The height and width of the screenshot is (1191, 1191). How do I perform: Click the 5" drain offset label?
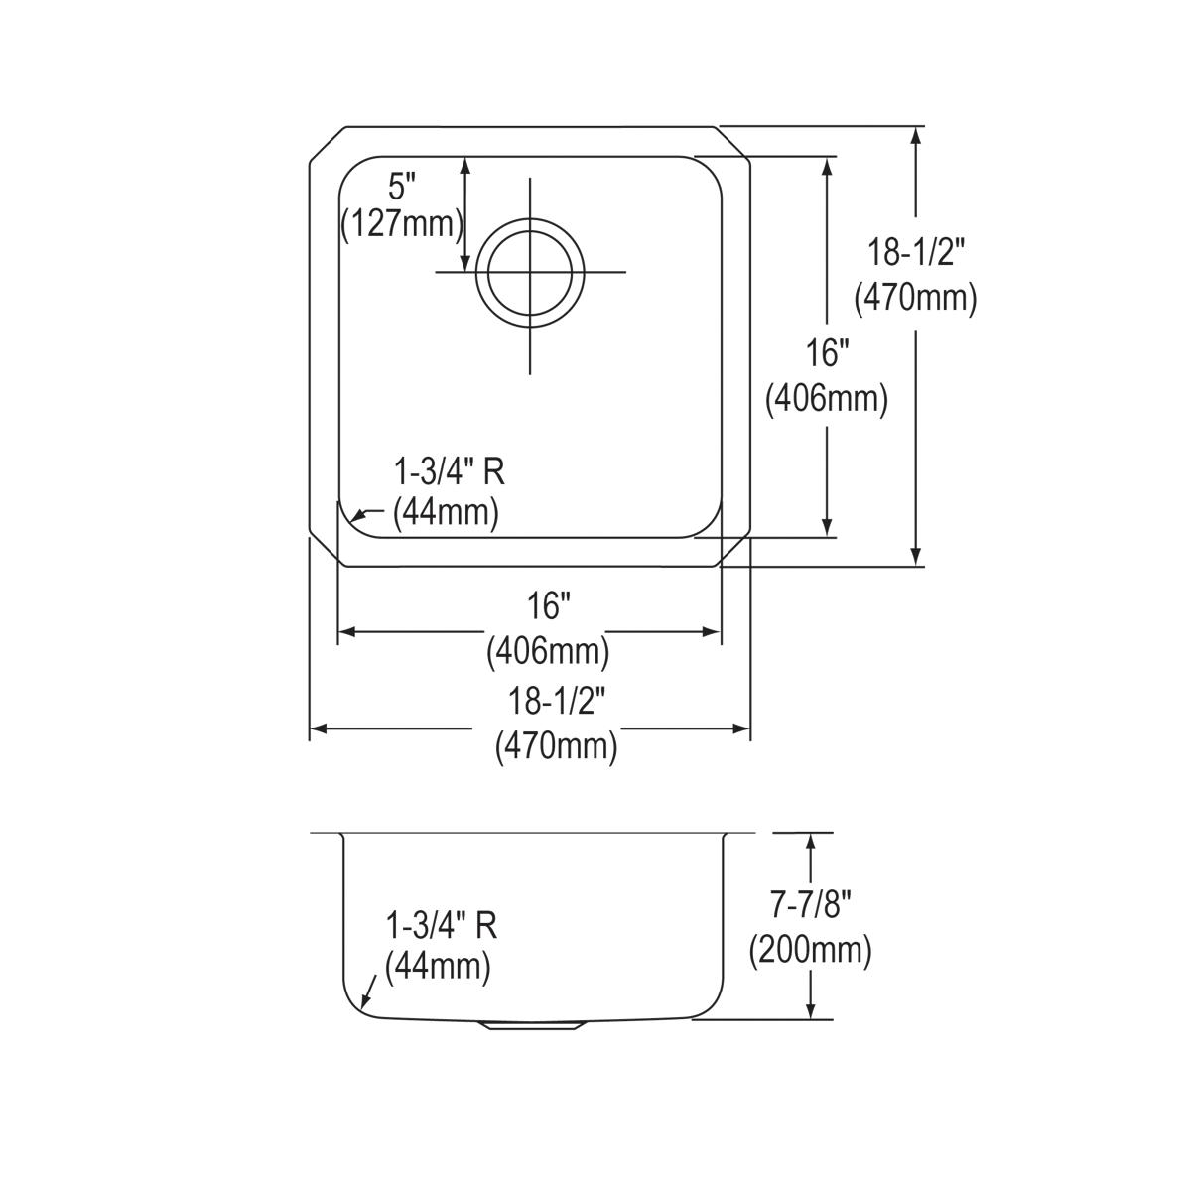[x=402, y=187]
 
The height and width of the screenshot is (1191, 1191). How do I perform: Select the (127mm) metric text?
[x=402, y=224]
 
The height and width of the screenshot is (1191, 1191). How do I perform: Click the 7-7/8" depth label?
[x=810, y=906]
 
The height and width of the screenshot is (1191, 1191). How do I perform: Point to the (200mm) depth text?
[x=810, y=951]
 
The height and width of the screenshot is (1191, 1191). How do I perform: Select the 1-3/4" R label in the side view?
[x=441, y=926]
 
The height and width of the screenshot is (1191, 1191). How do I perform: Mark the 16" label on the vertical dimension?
[x=827, y=354]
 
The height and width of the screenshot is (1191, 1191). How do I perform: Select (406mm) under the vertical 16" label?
[x=827, y=399]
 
